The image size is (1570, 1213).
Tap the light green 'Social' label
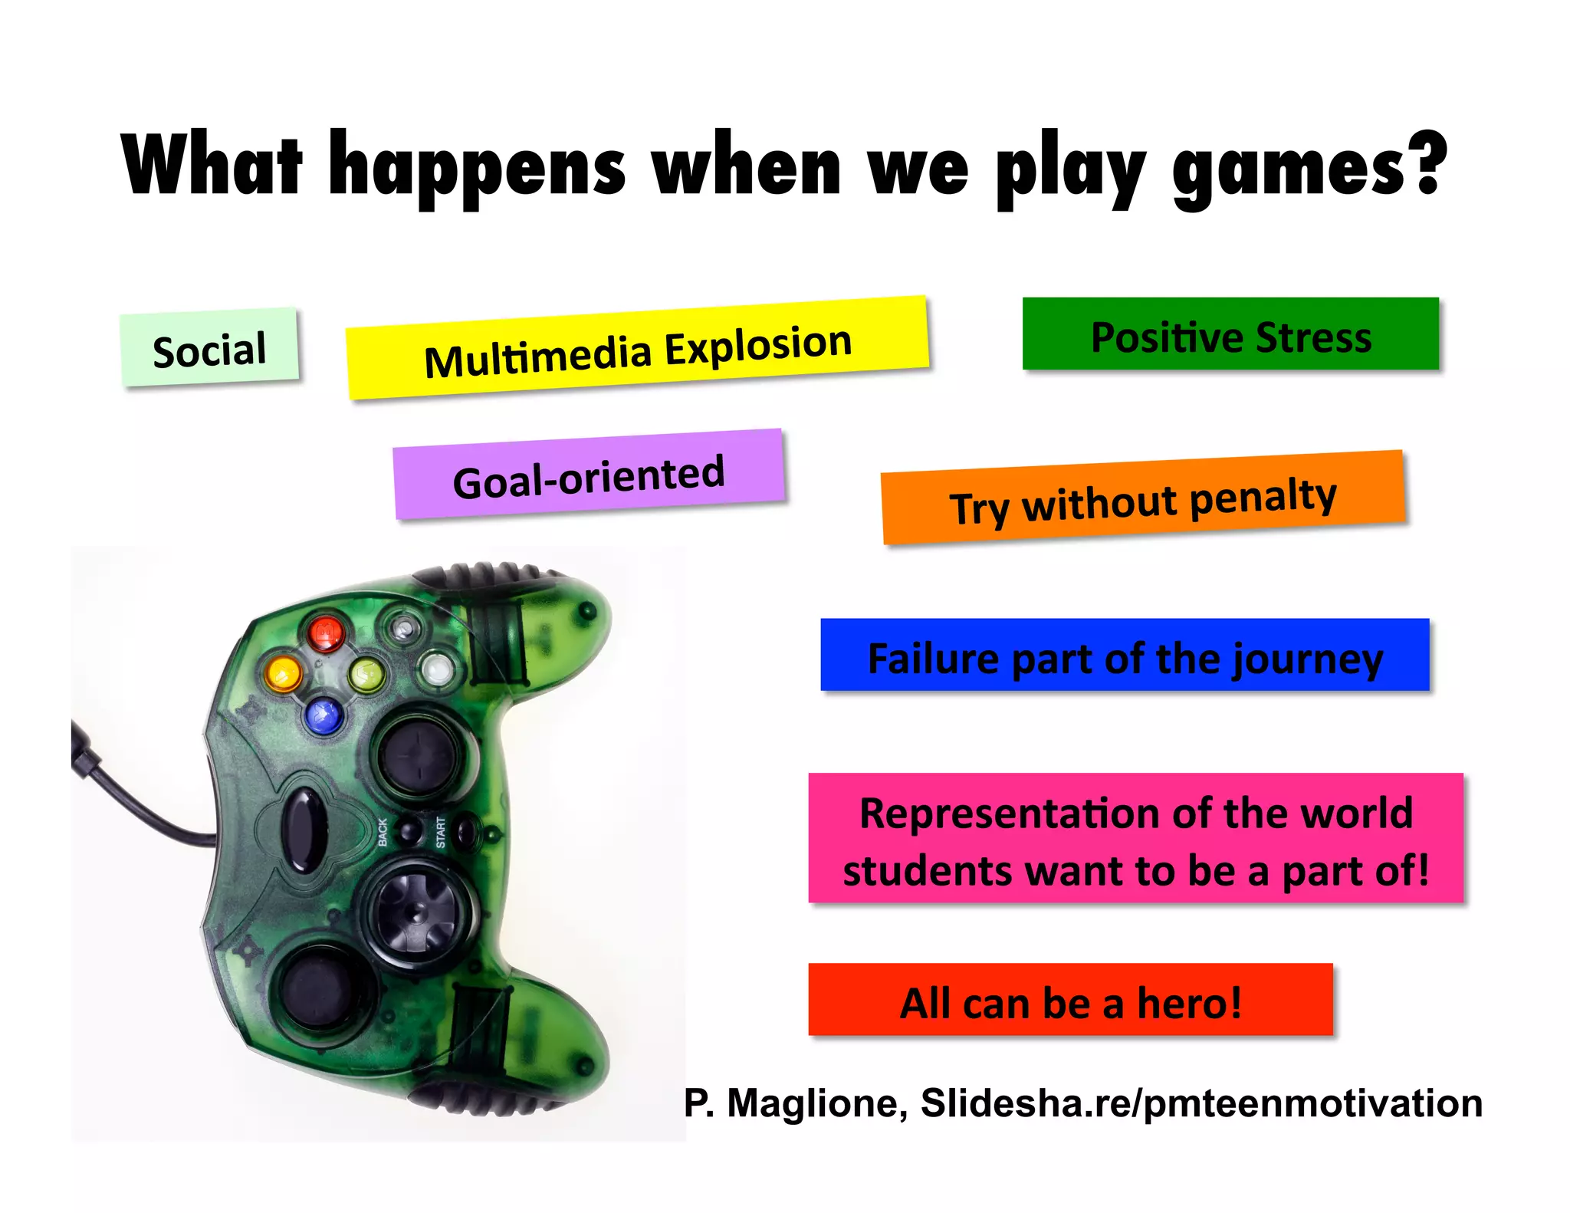pos(209,349)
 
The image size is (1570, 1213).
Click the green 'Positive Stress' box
pos(1230,335)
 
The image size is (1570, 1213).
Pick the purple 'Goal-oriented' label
pos(589,475)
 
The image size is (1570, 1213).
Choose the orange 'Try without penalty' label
pos(1143,498)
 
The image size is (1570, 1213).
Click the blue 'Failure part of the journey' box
pos(1125,656)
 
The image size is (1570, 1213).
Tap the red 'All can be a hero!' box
pos(1070,1000)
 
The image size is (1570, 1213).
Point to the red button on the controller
pos(326,632)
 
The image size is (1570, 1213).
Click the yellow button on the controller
pos(283,673)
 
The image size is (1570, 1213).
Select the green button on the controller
pos(366,675)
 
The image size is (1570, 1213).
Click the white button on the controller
pos(437,669)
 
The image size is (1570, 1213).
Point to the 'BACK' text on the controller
pos(383,832)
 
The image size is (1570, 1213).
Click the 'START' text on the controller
pos(441,832)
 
